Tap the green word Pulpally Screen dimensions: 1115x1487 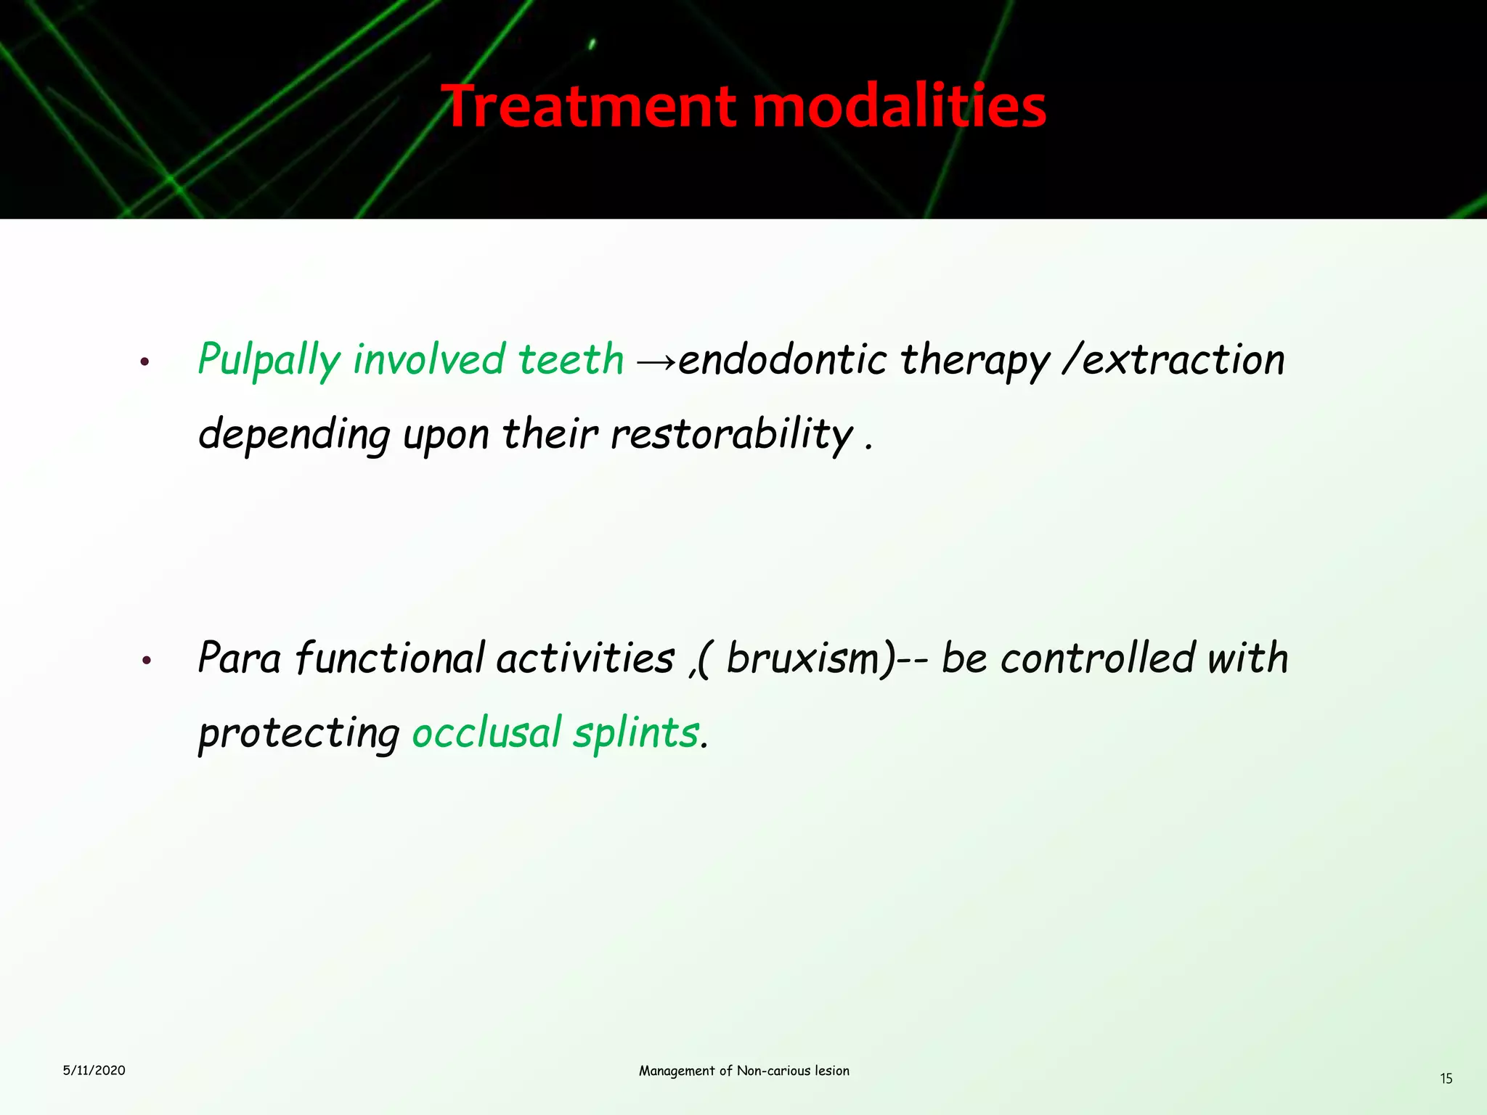(269, 361)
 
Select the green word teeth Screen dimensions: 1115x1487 (571, 360)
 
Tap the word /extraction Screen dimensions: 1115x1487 (1173, 360)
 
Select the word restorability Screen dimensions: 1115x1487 (732, 436)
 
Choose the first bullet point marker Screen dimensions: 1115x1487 (145, 362)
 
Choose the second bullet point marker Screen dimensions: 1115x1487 (145, 661)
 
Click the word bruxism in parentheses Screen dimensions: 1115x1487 (803, 659)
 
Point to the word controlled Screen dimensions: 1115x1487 (1098, 658)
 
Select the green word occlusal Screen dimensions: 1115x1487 (486, 732)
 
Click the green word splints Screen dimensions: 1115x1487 (635, 734)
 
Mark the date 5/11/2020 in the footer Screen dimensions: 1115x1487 (94, 1070)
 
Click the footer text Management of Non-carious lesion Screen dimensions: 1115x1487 (743, 1071)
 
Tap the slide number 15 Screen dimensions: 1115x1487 (1446, 1079)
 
